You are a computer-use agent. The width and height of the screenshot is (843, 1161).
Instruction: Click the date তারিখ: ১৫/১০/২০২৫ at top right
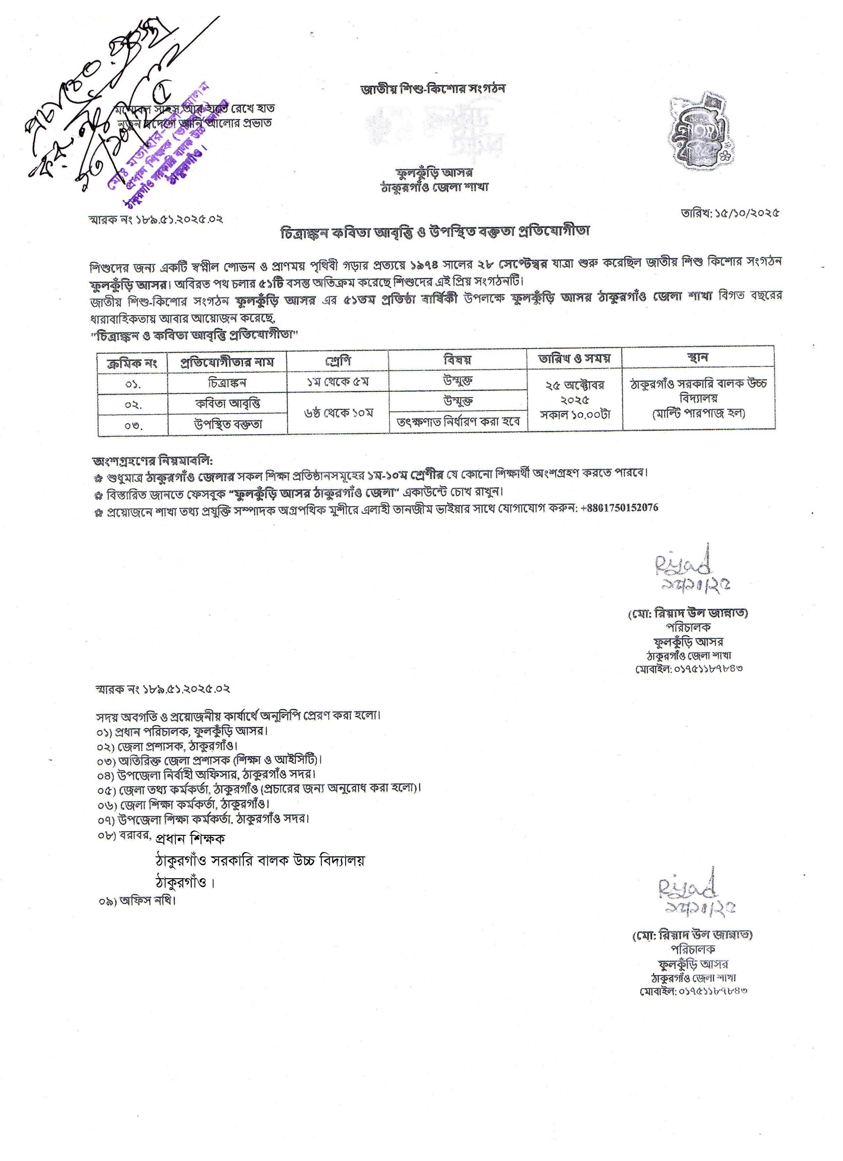point(729,213)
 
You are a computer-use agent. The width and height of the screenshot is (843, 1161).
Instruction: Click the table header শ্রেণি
point(338,361)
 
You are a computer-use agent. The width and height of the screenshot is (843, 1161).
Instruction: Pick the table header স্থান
point(698,357)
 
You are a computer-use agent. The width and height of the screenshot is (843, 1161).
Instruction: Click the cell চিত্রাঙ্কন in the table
point(227,382)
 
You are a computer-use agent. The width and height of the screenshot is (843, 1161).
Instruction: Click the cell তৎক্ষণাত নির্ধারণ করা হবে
point(458,422)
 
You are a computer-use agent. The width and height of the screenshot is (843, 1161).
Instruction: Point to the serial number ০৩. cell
point(133,425)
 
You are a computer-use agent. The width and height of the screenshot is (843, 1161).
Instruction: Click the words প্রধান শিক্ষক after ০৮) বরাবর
point(190,838)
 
